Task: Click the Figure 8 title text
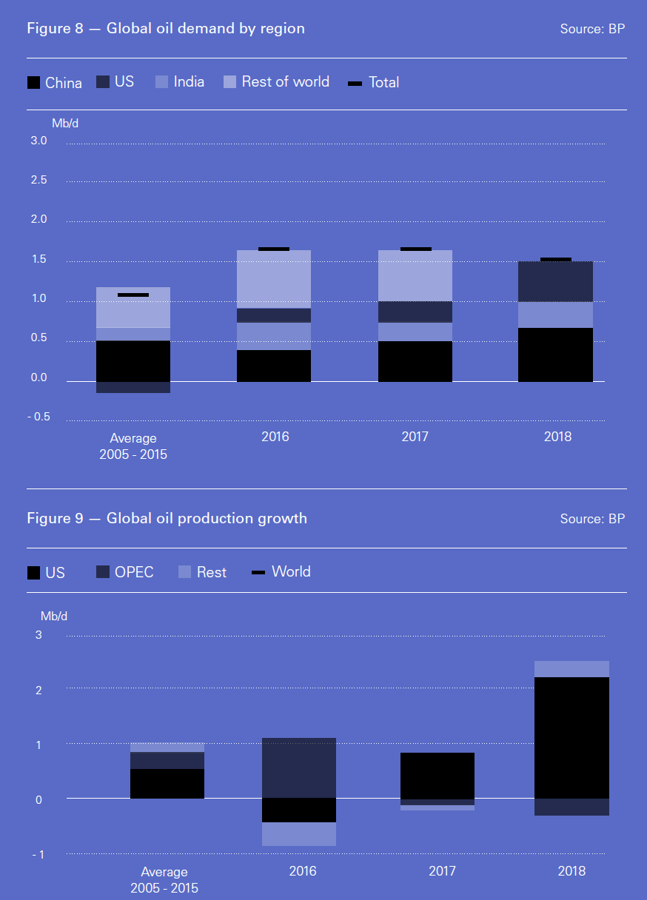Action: (166, 29)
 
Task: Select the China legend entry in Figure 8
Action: (54, 83)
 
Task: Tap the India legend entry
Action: (180, 81)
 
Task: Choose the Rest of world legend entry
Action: (276, 81)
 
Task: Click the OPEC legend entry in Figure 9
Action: (125, 572)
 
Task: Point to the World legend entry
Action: (281, 571)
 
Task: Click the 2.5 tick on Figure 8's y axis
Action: (38, 181)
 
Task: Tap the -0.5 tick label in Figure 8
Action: (38, 417)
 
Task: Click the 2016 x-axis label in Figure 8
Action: (275, 437)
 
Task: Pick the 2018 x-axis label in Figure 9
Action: (571, 870)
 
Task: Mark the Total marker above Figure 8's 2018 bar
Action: (555, 259)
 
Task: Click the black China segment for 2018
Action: (555, 355)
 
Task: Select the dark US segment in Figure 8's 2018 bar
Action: (555, 281)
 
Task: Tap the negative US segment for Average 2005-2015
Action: (133, 387)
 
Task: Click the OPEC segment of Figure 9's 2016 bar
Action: (299, 768)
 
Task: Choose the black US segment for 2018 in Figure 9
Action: (571, 737)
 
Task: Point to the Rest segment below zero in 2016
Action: (299, 834)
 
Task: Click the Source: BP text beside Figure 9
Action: (592, 519)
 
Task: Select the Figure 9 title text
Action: (167, 518)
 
